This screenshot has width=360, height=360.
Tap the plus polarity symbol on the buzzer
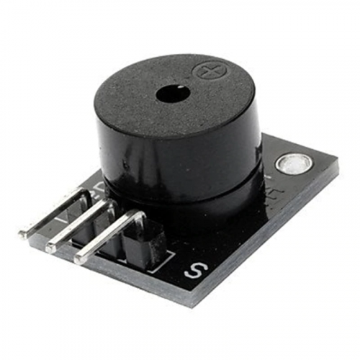click(208, 72)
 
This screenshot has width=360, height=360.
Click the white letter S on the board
click(194, 271)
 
